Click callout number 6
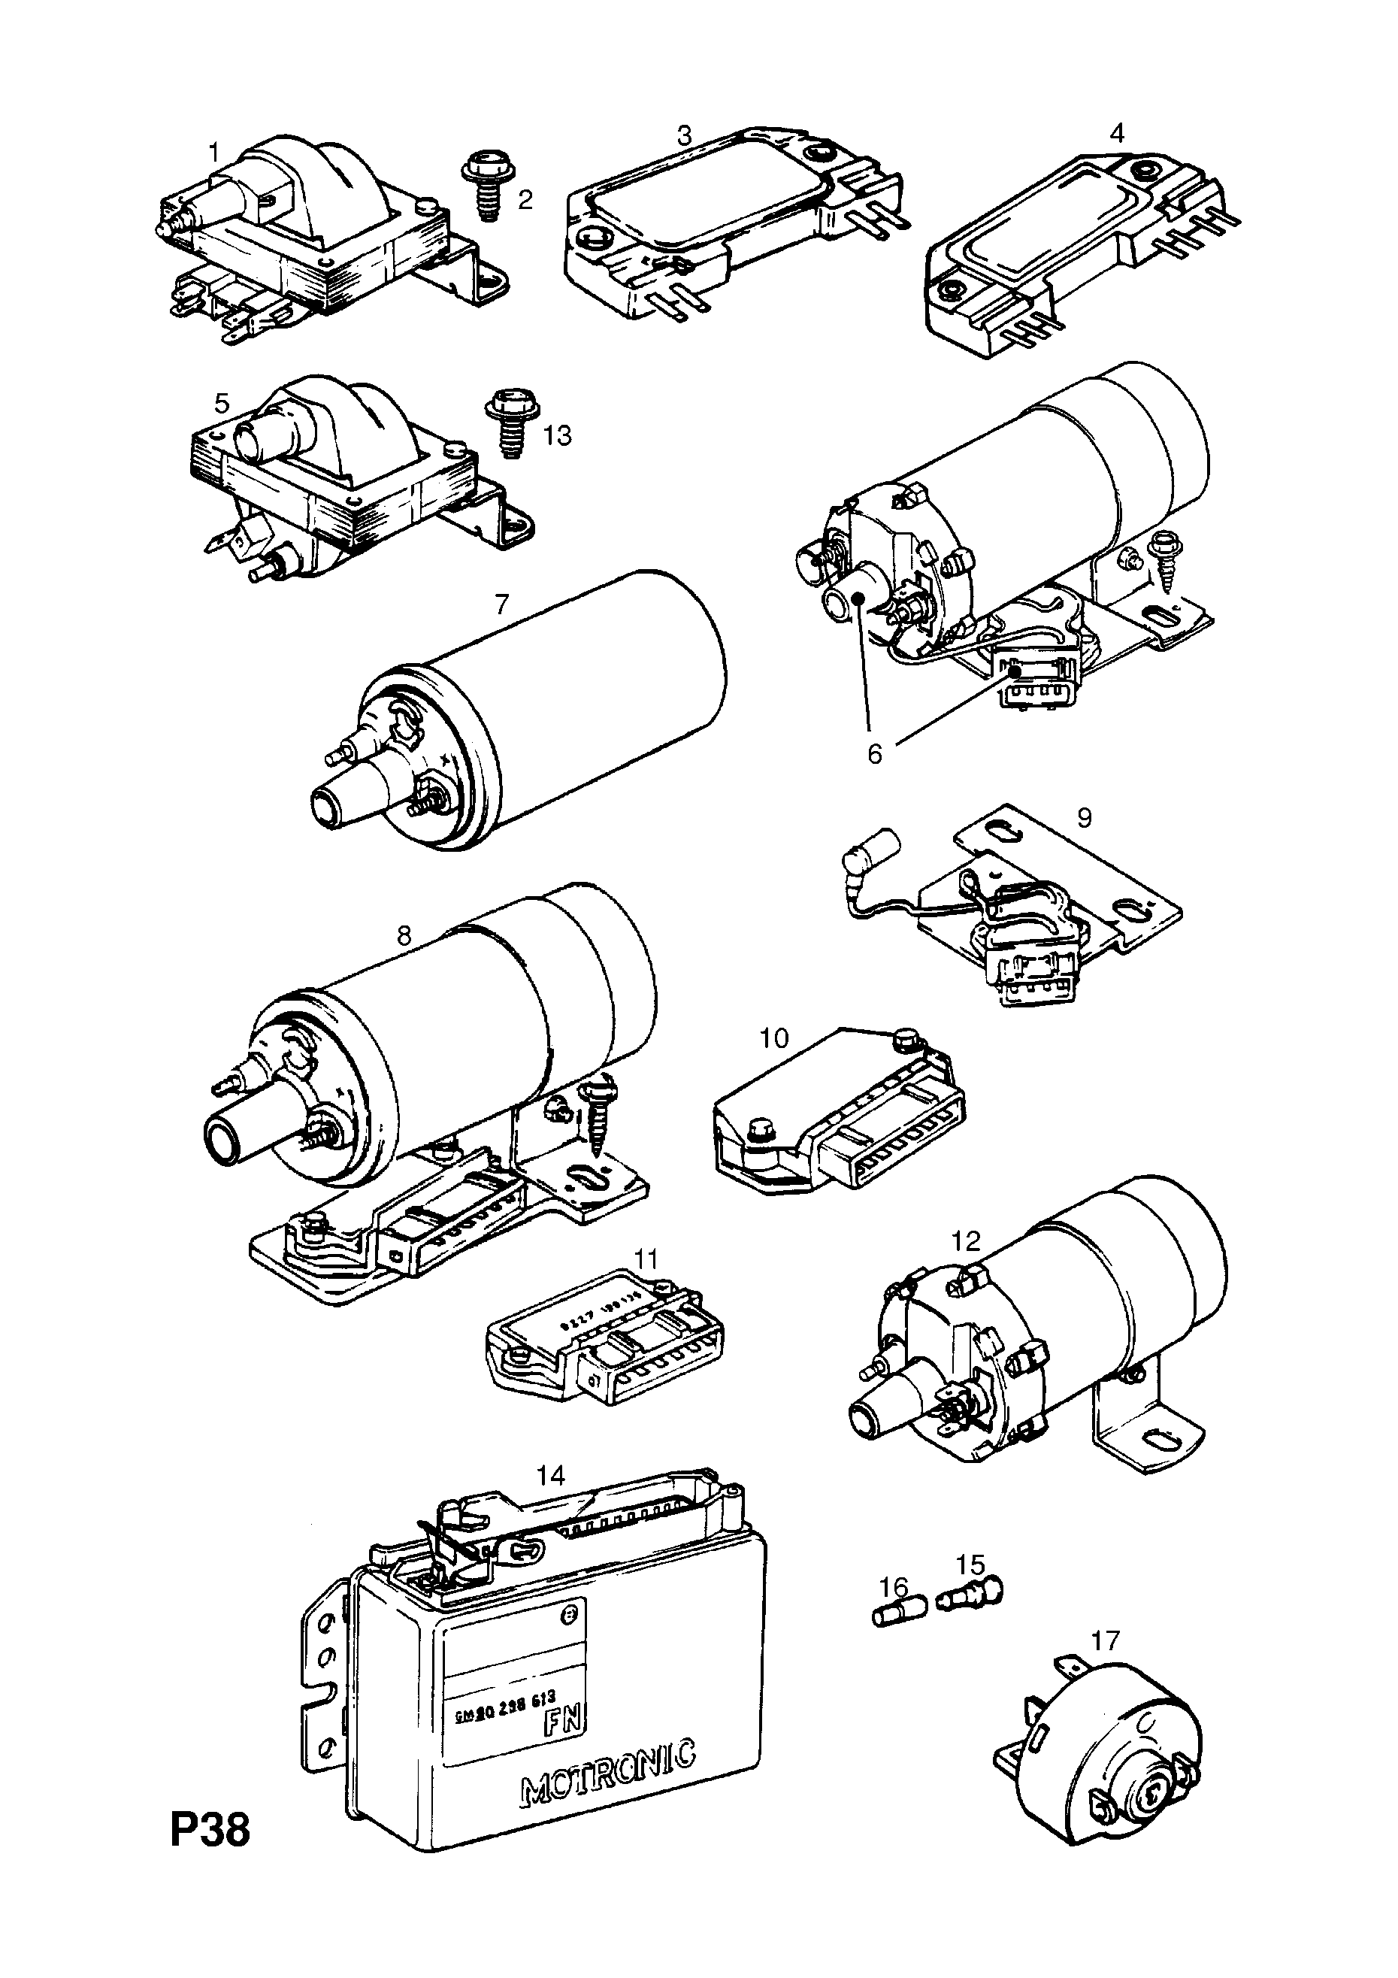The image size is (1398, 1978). (x=874, y=754)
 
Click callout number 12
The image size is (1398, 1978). (x=967, y=1240)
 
